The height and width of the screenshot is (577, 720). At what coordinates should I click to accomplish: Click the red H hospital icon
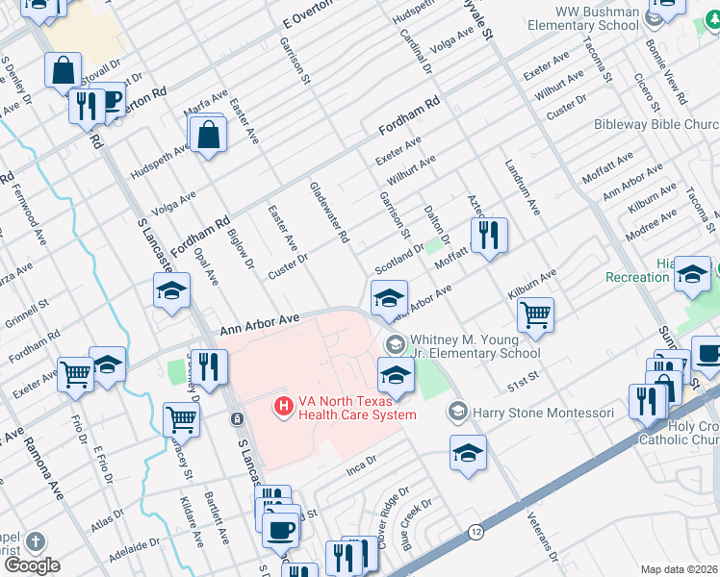(284, 408)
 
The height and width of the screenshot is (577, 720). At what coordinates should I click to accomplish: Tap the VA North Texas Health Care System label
(356, 408)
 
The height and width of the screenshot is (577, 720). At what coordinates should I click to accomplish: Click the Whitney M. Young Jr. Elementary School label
(475, 346)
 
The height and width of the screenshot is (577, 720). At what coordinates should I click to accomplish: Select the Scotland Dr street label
(399, 258)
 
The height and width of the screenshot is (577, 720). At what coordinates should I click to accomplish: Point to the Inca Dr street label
(358, 471)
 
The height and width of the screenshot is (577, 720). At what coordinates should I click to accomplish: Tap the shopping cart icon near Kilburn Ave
(534, 314)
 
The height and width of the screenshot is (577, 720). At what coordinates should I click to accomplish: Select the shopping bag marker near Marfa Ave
(209, 136)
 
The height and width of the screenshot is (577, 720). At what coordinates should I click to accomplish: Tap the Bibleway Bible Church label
(669, 125)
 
